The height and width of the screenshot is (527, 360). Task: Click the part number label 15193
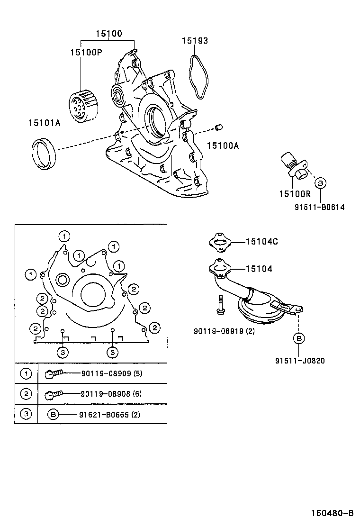coord(195,41)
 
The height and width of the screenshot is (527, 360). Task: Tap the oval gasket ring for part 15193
coord(200,77)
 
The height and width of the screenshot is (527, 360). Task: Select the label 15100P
coord(86,52)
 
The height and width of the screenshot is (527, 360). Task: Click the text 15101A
coord(44,123)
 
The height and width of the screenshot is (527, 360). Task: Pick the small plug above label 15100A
coord(219,127)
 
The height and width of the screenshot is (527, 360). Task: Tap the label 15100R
coord(294,193)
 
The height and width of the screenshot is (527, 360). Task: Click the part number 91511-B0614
coord(320,207)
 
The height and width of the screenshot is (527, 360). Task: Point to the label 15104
coord(259,269)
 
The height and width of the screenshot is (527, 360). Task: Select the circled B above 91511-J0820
coord(299,338)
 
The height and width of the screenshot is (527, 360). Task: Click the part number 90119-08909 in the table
coord(111,373)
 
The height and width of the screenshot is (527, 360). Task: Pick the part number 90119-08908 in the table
coord(111,393)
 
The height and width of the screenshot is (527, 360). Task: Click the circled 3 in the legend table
coord(26,414)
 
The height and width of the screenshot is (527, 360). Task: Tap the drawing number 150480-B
coord(332,513)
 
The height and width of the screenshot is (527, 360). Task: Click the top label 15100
coord(108,34)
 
